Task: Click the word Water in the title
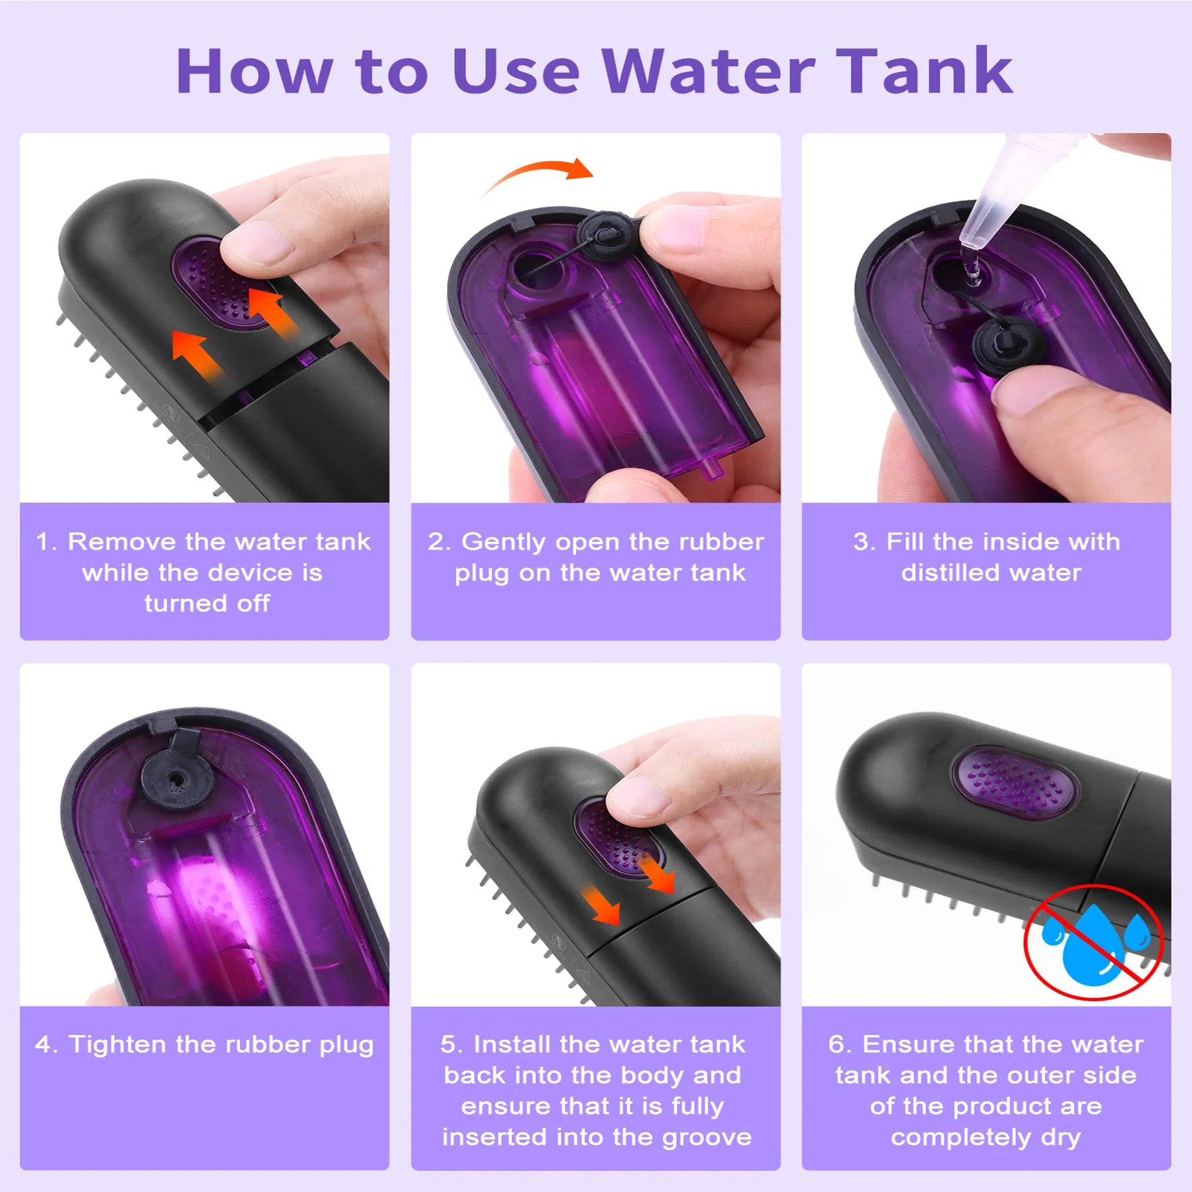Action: [709, 72]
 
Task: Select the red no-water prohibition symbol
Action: [1093, 941]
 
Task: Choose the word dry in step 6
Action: [1060, 1137]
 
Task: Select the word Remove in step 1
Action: [122, 542]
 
